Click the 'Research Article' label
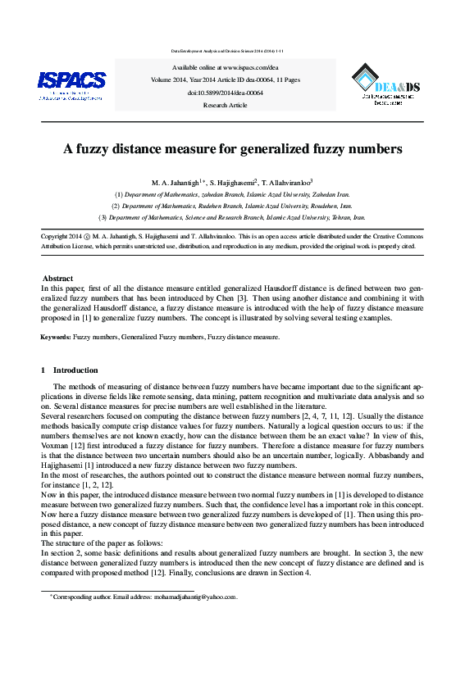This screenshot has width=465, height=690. tap(225, 106)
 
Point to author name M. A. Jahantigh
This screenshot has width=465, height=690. tap(176, 182)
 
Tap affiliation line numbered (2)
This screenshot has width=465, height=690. tap(232, 207)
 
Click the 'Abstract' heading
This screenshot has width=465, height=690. tap(57, 279)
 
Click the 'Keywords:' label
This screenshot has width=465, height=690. tap(56, 337)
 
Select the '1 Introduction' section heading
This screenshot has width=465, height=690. tap(70, 370)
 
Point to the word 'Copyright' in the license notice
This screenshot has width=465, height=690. tap(55, 235)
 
